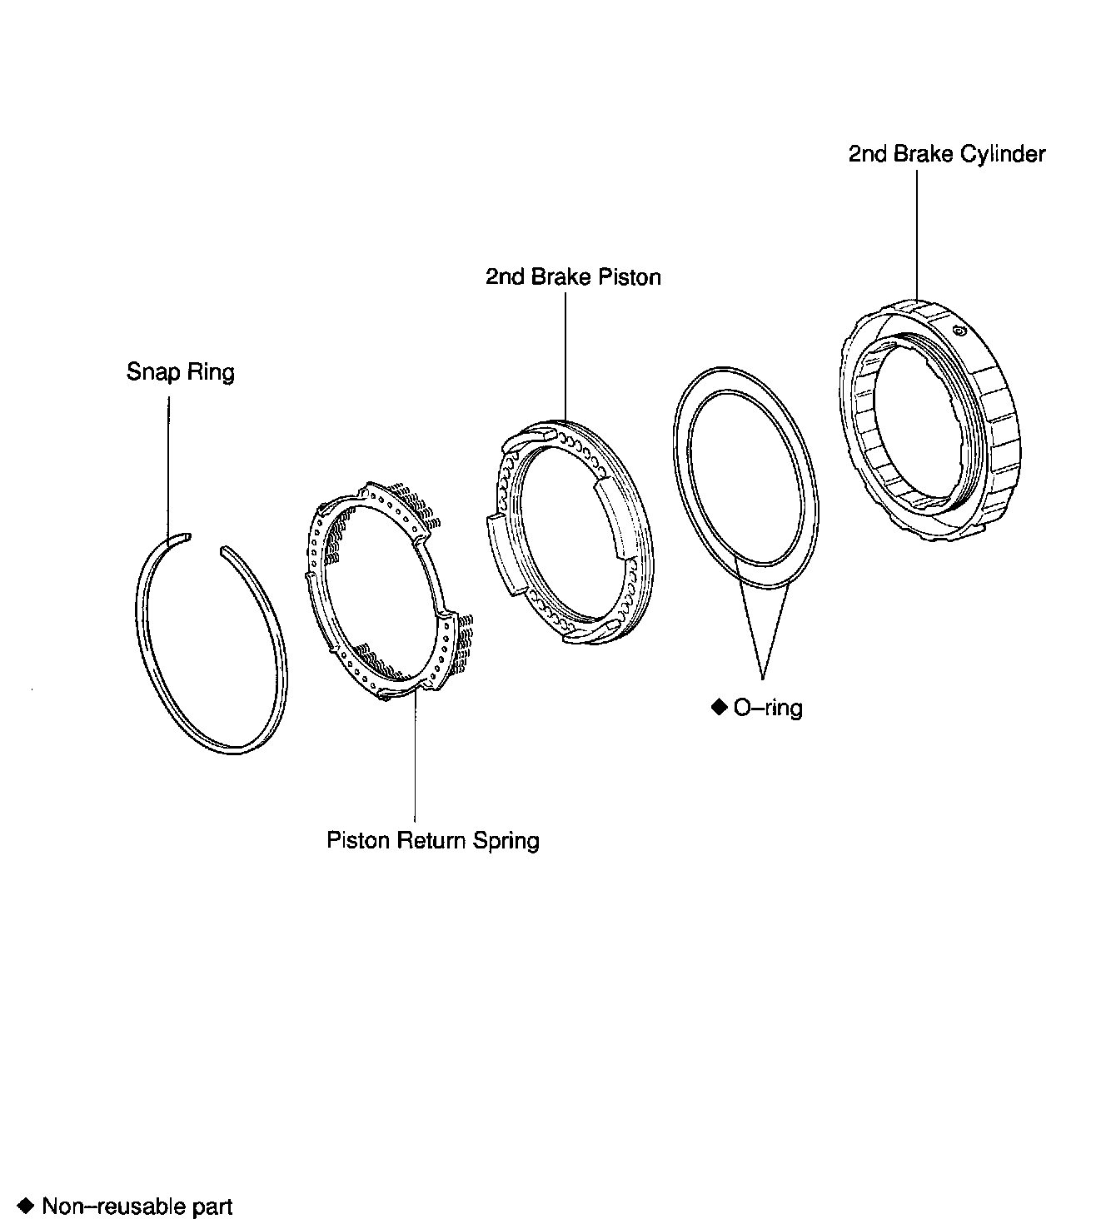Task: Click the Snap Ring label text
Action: click(x=180, y=371)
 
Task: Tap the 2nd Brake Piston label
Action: click(x=573, y=276)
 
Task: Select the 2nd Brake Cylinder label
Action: click(x=946, y=154)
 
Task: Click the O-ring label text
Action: click(x=767, y=708)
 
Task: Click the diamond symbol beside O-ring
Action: click(x=720, y=707)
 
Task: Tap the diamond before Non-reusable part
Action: click(x=27, y=1205)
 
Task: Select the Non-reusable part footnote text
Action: click(x=137, y=1206)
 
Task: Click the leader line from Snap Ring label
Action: click(x=168, y=466)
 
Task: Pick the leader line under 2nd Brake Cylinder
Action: click(x=917, y=233)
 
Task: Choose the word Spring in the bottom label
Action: click(x=506, y=840)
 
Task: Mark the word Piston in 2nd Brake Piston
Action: click(x=630, y=276)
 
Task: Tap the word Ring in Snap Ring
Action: click(x=210, y=371)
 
